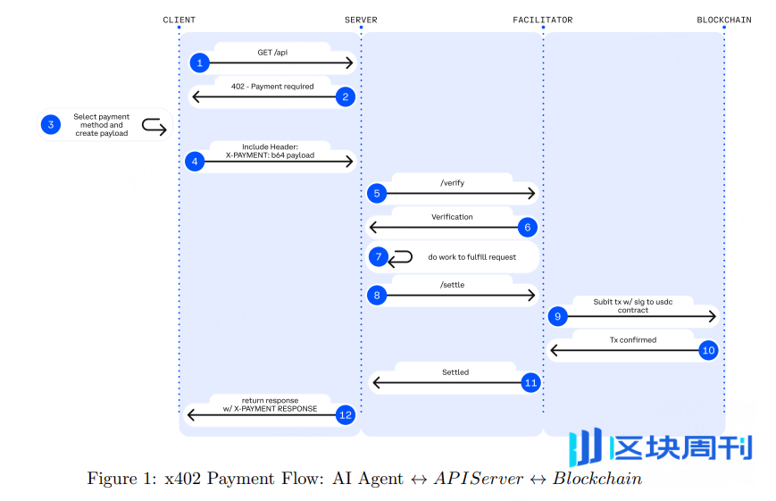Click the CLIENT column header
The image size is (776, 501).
179,20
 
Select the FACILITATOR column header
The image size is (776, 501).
542,20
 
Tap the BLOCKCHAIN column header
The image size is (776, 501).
723,20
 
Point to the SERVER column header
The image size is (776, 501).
361,20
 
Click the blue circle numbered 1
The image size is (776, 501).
200,63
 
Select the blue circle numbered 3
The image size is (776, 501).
51,125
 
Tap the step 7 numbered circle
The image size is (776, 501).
378,257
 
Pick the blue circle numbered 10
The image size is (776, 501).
708,350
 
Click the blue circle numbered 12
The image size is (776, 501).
346,414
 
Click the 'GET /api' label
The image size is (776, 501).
272,53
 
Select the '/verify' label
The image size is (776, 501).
452,183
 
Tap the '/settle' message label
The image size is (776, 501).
452,285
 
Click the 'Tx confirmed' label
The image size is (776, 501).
633,339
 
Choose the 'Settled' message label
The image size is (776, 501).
455,372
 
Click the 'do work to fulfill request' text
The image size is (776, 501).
471,257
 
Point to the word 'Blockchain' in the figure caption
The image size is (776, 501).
597,479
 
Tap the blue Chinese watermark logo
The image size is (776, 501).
662,447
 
